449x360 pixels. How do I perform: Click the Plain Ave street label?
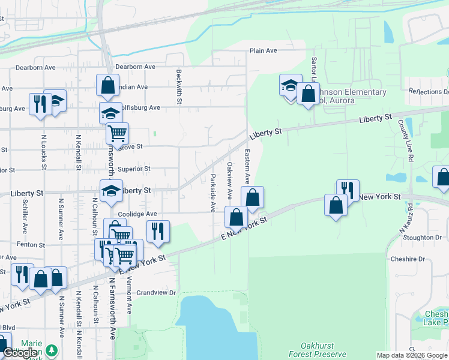tap(263, 51)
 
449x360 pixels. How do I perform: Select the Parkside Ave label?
tap(213, 193)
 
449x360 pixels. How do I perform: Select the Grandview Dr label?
tap(155, 293)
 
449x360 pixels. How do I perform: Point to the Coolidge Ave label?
tap(137, 214)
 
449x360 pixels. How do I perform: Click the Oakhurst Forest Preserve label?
tap(315, 350)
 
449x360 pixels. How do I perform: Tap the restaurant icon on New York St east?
tap(348, 190)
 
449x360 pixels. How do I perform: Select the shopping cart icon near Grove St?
tap(117, 132)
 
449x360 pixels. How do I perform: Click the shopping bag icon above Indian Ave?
tap(107, 85)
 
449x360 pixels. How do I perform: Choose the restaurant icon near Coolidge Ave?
tap(158, 231)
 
